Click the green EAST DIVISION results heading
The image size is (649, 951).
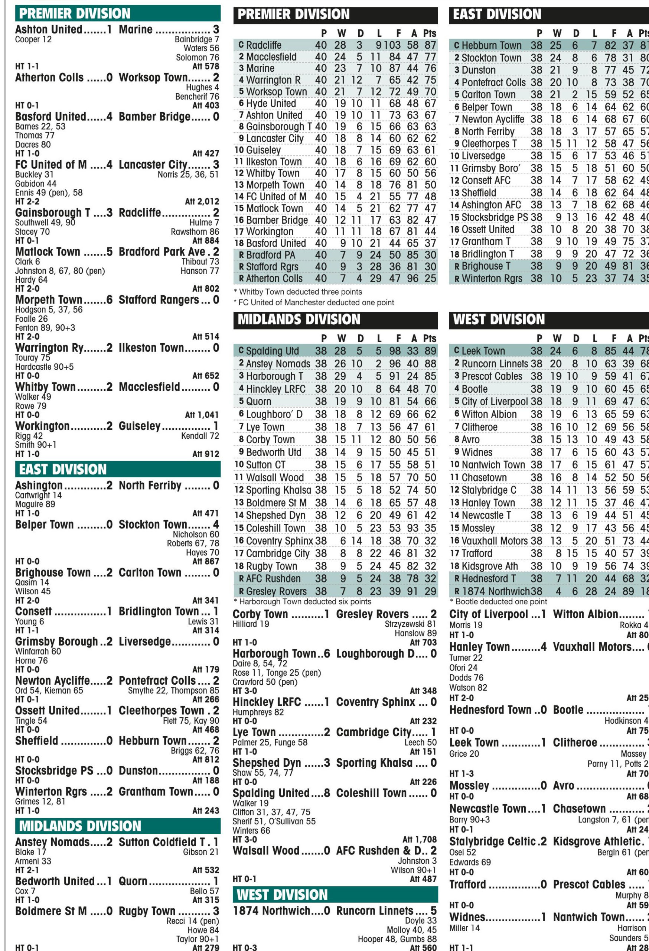(x=63, y=469)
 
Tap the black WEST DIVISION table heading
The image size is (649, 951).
(x=499, y=319)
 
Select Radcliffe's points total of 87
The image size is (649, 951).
(x=430, y=45)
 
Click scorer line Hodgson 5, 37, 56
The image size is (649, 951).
(x=49, y=310)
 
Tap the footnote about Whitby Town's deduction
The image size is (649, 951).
(x=298, y=292)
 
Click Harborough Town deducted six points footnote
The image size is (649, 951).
(x=303, y=601)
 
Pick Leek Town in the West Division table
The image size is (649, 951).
(x=483, y=351)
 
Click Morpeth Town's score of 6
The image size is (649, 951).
(x=109, y=300)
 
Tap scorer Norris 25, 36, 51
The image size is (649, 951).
(x=188, y=175)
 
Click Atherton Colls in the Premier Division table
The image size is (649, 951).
(x=274, y=279)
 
